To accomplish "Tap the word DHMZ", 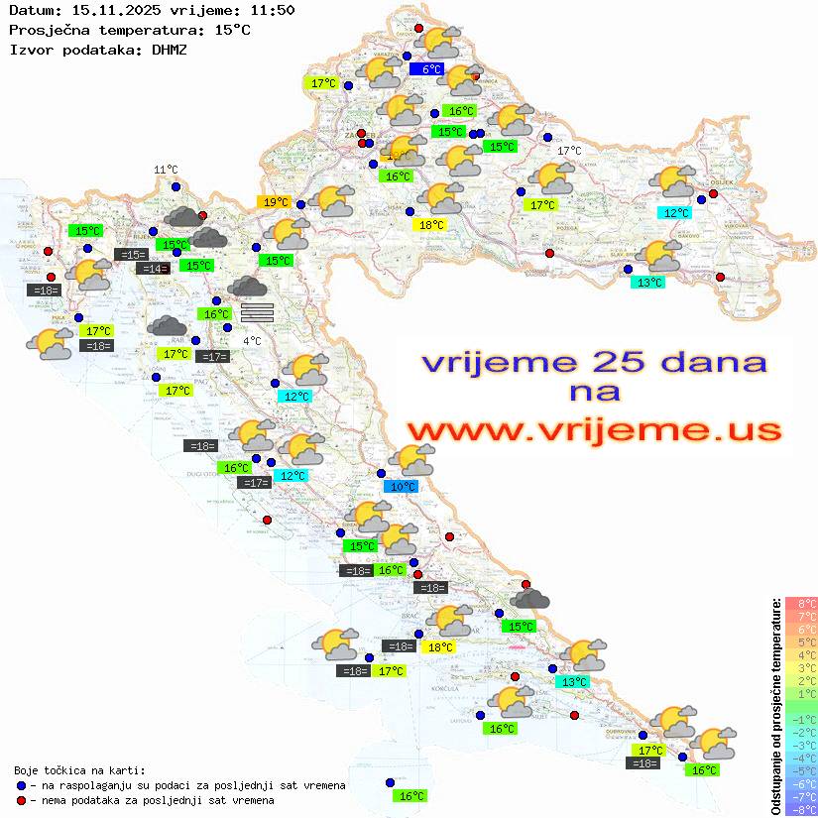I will tap(169, 49).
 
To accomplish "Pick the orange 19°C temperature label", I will tap(275, 202).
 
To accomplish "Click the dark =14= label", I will tap(152, 269).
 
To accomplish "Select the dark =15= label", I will tap(131, 255).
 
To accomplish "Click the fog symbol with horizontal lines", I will tap(257, 312).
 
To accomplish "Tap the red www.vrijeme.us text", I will tap(593, 430).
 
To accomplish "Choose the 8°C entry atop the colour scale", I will tap(801, 603).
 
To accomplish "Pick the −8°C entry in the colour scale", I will tap(800, 809).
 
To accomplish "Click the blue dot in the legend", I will tap(21, 785).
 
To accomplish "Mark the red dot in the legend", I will tap(21, 800).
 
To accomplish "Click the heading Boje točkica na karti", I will tap(79, 770).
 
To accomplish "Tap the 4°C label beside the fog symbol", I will tap(252, 341).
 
